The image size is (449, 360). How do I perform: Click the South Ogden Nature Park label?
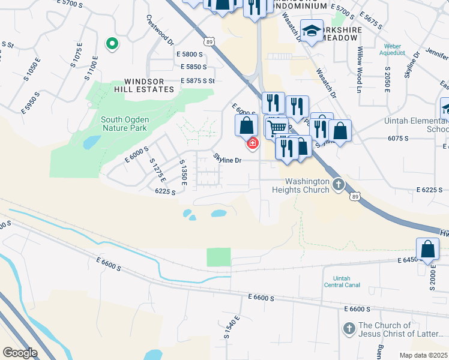(125, 124)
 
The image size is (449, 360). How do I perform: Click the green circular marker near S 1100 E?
(111, 44)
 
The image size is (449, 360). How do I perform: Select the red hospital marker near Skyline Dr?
(252, 143)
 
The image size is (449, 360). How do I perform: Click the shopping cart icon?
(276, 127)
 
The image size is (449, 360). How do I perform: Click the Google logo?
(20, 353)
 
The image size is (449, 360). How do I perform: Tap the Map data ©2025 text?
(424, 355)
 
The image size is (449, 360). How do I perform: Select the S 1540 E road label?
(232, 327)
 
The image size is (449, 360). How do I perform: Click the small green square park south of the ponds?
(218, 257)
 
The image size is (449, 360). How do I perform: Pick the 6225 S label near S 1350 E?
(164, 191)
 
